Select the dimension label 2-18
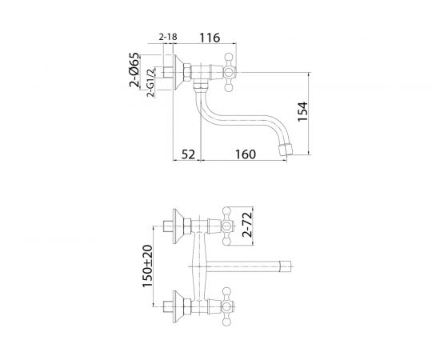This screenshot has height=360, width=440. tap(168, 38)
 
